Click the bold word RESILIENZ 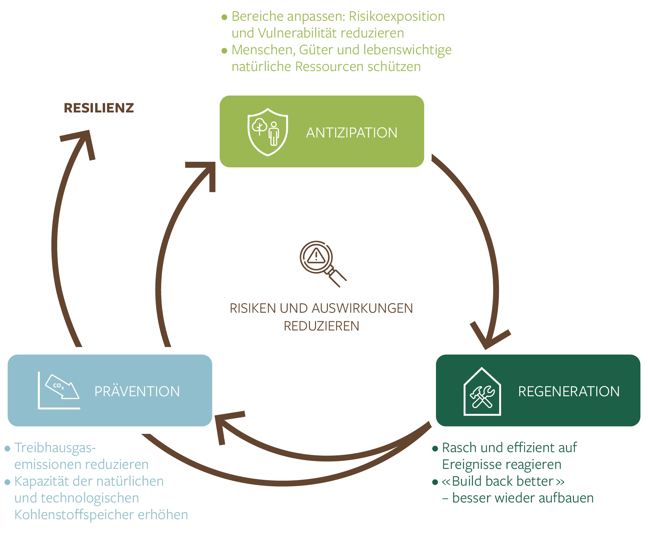[x=99, y=108]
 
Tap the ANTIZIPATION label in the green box [x=352, y=133]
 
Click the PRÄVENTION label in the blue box [x=137, y=392]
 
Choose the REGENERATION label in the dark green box [x=569, y=392]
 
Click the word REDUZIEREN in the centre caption [x=321, y=326]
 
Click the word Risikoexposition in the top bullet [x=397, y=16]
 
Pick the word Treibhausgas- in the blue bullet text [x=55, y=448]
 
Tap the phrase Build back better [x=502, y=481]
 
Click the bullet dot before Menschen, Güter [x=225, y=51]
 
